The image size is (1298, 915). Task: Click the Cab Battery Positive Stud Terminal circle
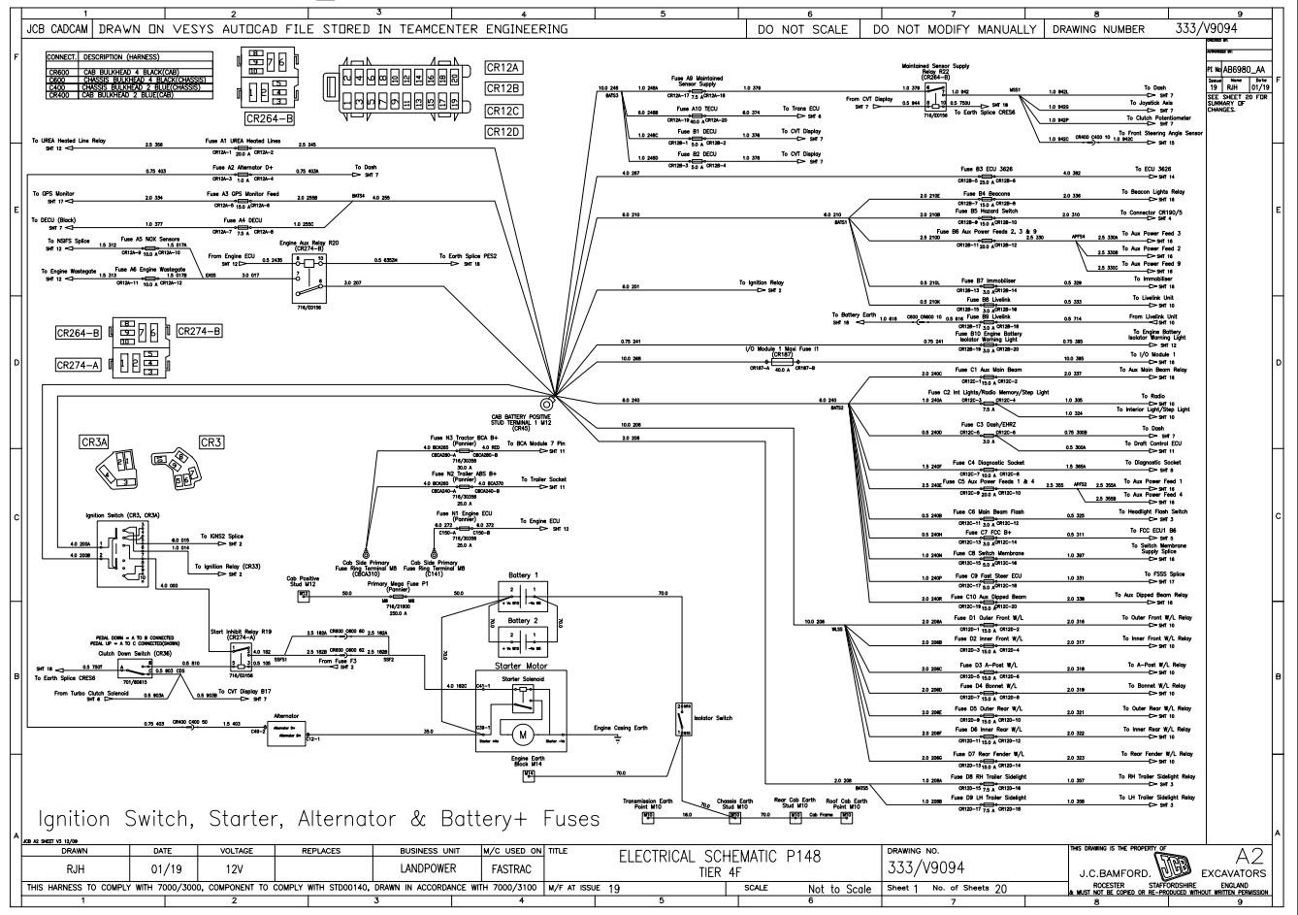click(x=547, y=402)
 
